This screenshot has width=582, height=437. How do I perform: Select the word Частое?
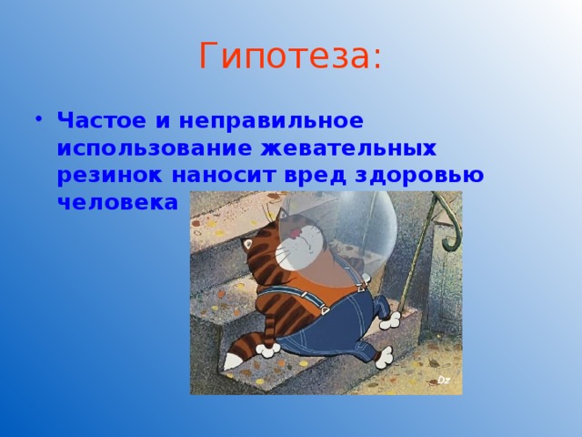pyautogui.click(x=101, y=120)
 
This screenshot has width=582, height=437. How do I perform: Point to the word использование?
pyautogui.click(x=155, y=148)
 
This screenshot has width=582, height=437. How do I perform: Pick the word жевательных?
pyautogui.click(x=348, y=148)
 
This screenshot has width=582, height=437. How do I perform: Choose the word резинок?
pyautogui.click(x=109, y=176)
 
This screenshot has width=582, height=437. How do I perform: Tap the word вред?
pyautogui.click(x=316, y=176)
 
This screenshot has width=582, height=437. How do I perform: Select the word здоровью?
pyautogui.click(x=419, y=176)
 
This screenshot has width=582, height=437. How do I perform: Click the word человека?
pyautogui.click(x=117, y=203)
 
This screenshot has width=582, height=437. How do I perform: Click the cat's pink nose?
pyautogui.click(x=296, y=233)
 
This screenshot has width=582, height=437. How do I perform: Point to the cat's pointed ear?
pyautogui.click(x=246, y=244)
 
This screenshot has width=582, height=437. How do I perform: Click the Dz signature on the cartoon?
pyautogui.click(x=444, y=380)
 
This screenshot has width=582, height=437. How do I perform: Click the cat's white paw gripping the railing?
pyautogui.click(x=390, y=320)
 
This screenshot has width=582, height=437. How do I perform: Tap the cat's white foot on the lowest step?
pyautogui.click(x=384, y=358)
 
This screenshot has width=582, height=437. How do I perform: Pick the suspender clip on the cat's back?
pyautogui.click(x=324, y=310)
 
